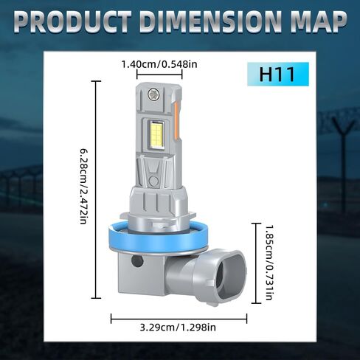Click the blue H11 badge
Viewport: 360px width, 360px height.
[278, 74]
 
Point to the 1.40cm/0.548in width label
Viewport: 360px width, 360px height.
[159, 64]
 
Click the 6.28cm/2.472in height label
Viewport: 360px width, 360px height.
[84, 186]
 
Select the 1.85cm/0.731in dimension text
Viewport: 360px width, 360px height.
[269, 262]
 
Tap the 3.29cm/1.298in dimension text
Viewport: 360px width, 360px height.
[178, 328]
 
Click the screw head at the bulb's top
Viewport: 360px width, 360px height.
[153, 94]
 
